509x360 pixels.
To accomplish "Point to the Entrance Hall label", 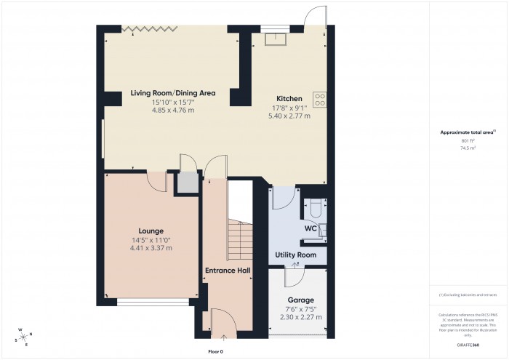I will [228, 271].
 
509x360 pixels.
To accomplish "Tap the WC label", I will [310, 228].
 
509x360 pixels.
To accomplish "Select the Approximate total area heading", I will [468, 132].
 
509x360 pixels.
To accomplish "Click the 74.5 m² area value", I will [468, 147].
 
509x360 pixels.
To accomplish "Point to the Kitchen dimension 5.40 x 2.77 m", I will [288, 115].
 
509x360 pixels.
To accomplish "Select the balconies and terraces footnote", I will [468, 295].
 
